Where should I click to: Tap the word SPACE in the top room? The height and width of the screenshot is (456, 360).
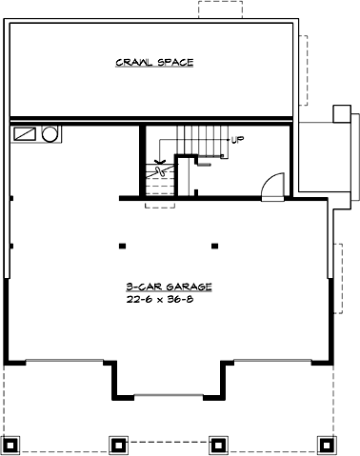(x=177, y=63)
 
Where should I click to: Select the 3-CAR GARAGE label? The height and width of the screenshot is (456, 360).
(x=167, y=286)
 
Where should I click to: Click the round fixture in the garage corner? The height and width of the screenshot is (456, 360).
(x=50, y=133)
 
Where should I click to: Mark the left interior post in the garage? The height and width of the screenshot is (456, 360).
(x=122, y=246)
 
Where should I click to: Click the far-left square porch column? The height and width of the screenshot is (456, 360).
(x=12, y=444)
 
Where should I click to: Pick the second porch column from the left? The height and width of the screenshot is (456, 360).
(x=117, y=444)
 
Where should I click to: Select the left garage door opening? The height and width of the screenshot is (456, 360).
(x=61, y=360)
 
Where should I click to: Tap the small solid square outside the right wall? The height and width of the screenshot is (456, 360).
(x=339, y=113)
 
